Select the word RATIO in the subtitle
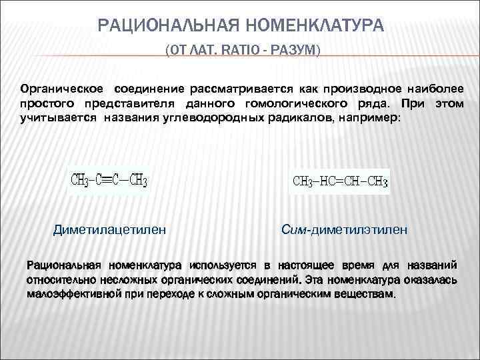239,51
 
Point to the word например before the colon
371,119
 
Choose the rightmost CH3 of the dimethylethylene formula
376,181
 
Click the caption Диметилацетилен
109,230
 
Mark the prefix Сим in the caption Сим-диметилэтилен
293,230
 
